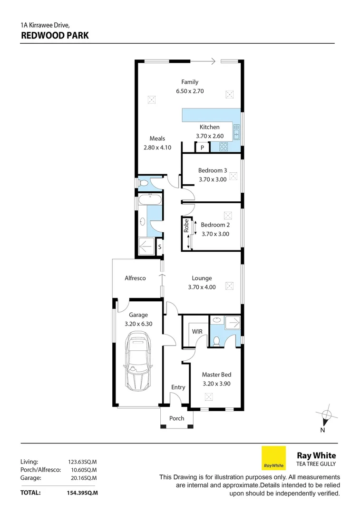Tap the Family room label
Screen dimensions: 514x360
click(190, 82)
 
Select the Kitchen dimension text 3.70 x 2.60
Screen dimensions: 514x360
click(210, 136)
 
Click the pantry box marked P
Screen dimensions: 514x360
click(202, 148)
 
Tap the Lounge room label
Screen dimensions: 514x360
click(202, 278)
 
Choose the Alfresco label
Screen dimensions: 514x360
click(135, 278)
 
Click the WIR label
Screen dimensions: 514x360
click(197, 331)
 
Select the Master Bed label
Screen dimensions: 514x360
click(216, 375)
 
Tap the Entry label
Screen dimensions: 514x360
click(178, 387)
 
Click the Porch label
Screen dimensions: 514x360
click(177, 418)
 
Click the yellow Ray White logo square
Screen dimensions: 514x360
click(274, 458)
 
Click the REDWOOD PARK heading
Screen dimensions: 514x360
click(54, 35)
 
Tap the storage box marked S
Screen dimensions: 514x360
click(159, 247)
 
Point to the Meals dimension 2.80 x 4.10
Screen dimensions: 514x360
click(157, 148)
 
